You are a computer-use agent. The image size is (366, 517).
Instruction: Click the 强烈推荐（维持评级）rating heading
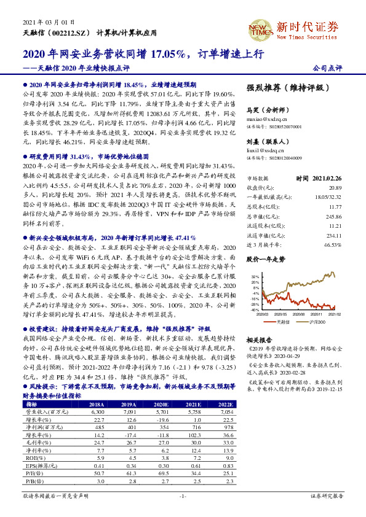pyautogui.click(x=284, y=89)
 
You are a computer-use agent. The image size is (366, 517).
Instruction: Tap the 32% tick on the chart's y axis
pyautogui.click(x=255, y=277)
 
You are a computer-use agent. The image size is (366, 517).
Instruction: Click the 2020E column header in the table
pyautogui.click(x=161, y=405)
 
